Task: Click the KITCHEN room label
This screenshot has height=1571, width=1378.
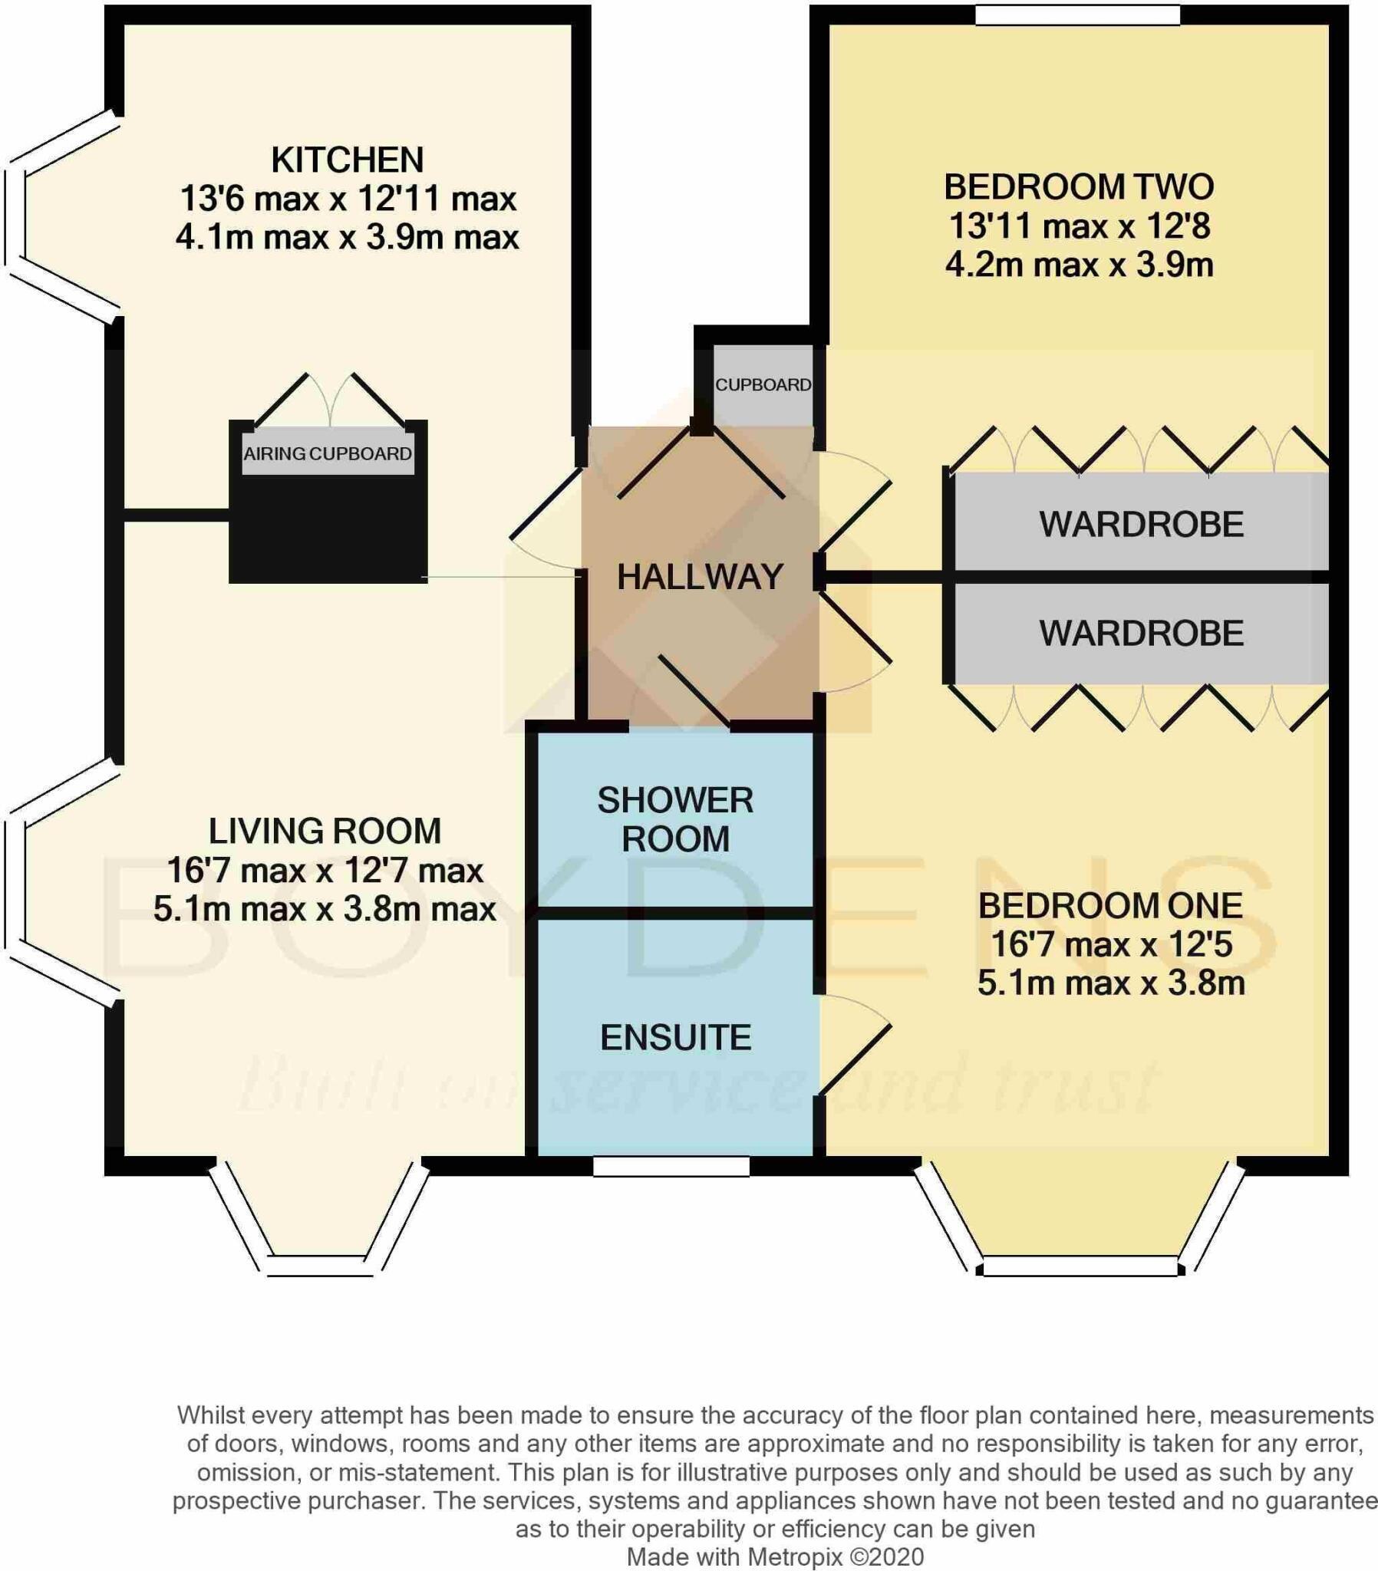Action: click(347, 160)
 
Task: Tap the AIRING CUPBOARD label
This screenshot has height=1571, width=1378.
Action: click(328, 453)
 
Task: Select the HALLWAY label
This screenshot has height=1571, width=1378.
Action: click(700, 576)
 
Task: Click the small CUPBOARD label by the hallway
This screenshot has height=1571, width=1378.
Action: click(763, 384)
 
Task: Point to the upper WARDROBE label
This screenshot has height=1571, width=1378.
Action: click(1141, 524)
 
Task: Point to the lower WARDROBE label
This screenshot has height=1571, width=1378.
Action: click(1141, 633)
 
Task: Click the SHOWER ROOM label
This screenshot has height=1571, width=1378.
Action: click(675, 819)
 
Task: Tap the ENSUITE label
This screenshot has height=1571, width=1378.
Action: click(675, 1038)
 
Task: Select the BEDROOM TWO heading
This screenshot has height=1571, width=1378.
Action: click(1079, 186)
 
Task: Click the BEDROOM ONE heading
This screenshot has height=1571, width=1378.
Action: click(1109, 905)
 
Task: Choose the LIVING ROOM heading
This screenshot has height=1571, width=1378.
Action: click(325, 831)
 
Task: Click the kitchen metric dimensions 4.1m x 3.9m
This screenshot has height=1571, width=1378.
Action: click(347, 237)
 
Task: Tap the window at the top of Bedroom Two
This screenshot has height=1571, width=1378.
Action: click(1077, 15)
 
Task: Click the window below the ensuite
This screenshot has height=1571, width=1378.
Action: click(671, 1167)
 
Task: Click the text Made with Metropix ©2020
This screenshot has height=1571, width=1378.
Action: click(775, 1557)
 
